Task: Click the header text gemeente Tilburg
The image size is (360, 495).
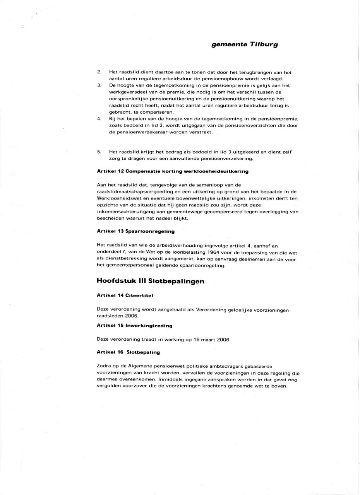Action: (x=244, y=44)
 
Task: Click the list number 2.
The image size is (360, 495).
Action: (x=99, y=72)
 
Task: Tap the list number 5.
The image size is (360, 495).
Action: (x=99, y=152)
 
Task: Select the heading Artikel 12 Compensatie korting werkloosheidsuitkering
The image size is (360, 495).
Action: (x=172, y=171)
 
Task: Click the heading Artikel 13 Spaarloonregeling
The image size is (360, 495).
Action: (x=135, y=231)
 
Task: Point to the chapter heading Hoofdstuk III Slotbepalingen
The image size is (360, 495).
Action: (x=150, y=282)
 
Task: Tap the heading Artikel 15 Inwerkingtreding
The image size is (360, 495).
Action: (x=134, y=326)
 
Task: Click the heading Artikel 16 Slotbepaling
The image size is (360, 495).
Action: (x=128, y=352)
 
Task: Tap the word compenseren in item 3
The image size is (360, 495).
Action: (x=157, y=112)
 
